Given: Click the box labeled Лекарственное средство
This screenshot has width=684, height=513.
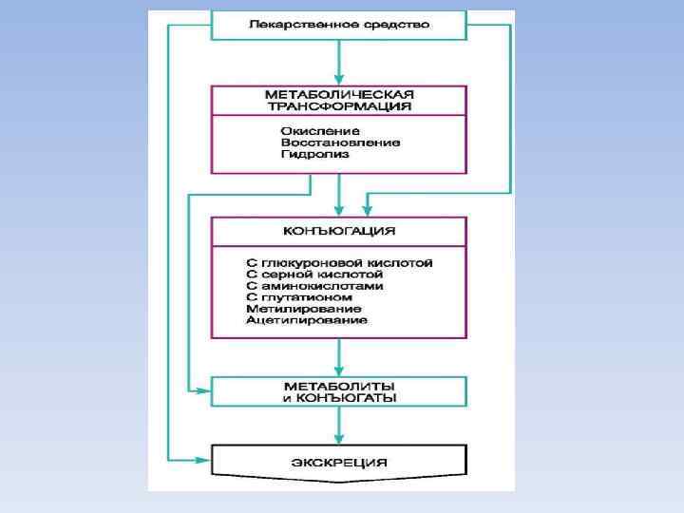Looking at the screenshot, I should pos(338,25).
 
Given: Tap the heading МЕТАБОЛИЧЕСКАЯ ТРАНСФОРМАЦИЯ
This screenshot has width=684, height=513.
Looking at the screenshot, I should pos(338,101).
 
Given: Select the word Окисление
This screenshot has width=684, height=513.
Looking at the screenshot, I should pos(319,130).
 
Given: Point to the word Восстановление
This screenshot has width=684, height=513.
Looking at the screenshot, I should pos(340,142).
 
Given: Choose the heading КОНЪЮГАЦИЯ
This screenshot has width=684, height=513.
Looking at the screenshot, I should pos(338,231).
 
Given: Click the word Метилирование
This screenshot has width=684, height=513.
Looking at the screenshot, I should pos(303,309).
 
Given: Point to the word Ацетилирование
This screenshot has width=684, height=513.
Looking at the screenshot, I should pos(306,321).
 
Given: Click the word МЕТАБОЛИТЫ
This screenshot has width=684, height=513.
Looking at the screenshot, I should pos(339,386).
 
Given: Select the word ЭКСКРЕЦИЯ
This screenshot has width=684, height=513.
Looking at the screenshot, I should pos(338,462).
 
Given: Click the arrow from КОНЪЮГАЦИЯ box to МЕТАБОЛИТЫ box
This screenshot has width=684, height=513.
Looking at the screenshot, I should pos(339,357).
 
